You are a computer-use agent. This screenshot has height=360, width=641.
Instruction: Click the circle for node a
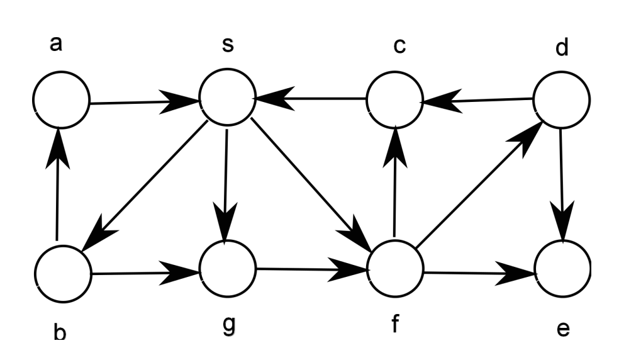click(x=62, y=101)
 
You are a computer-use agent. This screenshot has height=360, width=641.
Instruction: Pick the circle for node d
click(x=561, y=99)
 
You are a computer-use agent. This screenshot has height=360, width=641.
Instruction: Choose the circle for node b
click(x=63, y=274)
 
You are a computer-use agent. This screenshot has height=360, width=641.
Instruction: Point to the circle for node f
click(x=395, y=272)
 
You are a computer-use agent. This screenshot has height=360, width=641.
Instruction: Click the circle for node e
click(x=563, y=272)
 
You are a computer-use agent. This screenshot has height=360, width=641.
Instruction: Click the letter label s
click(x=227, y=46)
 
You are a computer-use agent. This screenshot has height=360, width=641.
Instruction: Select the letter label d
click(x=562, y=47)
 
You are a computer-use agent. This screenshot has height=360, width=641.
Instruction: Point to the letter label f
click(x=394, y=325)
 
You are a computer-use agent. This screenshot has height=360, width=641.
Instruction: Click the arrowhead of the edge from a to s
click(x=182, y=101)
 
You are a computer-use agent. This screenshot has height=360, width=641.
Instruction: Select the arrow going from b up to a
click(x=59, y=189)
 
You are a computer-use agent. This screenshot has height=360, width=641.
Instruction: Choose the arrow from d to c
click(x=478, y=99)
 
